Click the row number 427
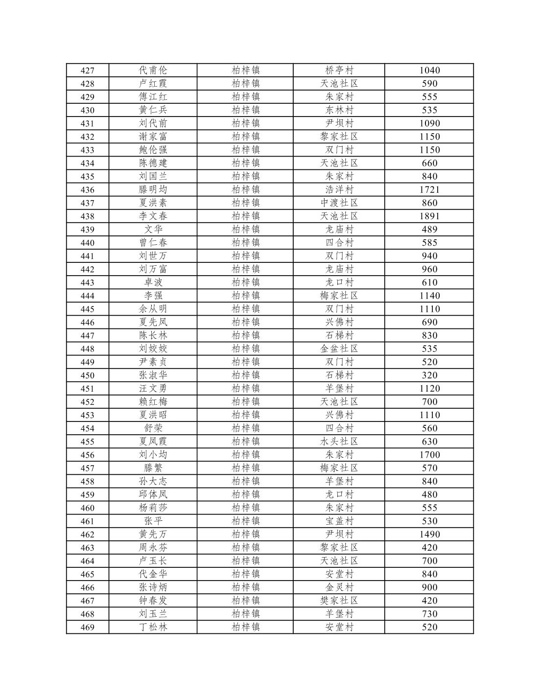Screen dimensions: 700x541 point(87,70)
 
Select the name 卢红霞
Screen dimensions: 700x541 point(153,84)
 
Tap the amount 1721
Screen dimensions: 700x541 point(429,189)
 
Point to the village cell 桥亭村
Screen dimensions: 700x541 point(339,70)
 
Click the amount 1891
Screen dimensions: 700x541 point(429,216)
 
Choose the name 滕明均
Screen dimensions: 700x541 point(153,189)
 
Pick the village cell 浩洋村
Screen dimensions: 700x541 point(339,189)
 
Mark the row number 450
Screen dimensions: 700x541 point(87,375)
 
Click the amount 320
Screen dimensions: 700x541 point(429,375)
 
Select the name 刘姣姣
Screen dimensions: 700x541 point(153,349)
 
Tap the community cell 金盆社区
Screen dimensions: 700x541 point(339,349)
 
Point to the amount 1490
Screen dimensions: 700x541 point(429,534)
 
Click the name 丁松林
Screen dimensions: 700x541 point(153,627)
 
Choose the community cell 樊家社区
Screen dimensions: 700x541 point(339,601)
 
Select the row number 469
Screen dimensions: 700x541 point(87,628)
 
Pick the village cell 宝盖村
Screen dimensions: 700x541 point(339,521)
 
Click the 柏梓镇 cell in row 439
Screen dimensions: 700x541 point(245,229)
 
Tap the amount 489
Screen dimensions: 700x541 point(429,229)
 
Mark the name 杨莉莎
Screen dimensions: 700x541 point(153,508)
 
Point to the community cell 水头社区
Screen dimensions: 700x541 point(339,442)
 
